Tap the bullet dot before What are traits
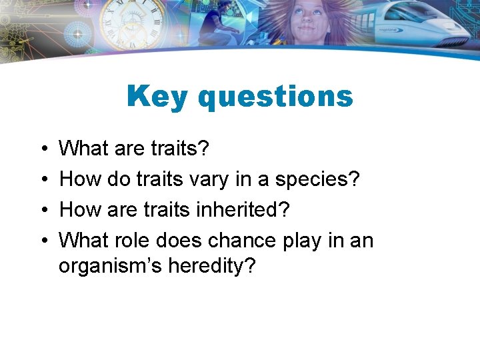click(x=42, y=149)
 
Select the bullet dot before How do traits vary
click(x=42, y=179)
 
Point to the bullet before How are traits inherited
click(x=42, y=210)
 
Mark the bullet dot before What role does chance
click(x=42, y=240)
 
